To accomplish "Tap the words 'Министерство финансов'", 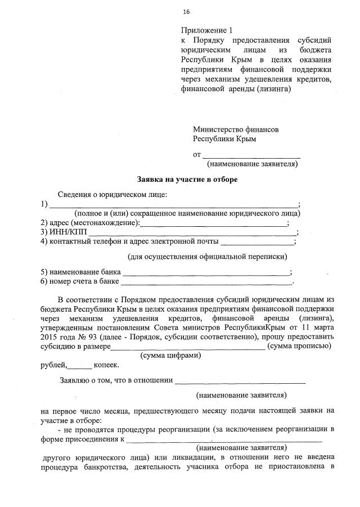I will point(236,129).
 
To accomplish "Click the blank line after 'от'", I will point(251,154).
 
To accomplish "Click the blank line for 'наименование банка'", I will point(206,272).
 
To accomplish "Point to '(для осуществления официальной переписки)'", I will point(208,257).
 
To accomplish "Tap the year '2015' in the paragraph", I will point(51,337).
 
